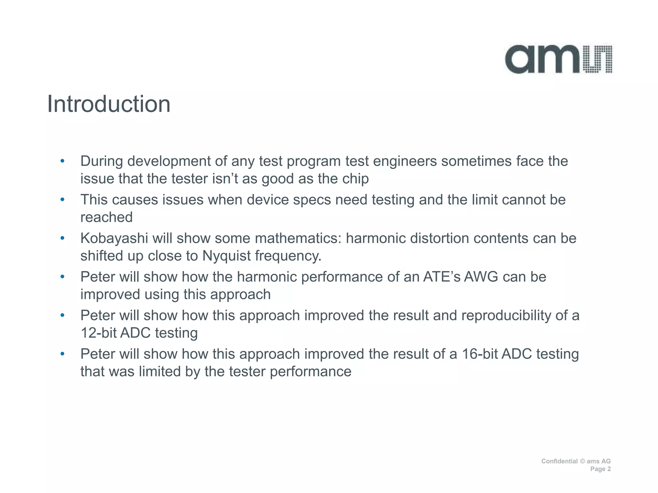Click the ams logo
[558, 59]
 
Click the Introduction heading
[109, 104]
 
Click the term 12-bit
[98, 333]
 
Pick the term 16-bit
[479, 354]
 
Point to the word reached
[106, 217]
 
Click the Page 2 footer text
[600, 469]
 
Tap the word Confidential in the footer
[559, 461]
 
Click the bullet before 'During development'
[63, 161]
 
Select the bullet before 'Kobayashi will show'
[63, 238]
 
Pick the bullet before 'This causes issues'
[63, 200]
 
